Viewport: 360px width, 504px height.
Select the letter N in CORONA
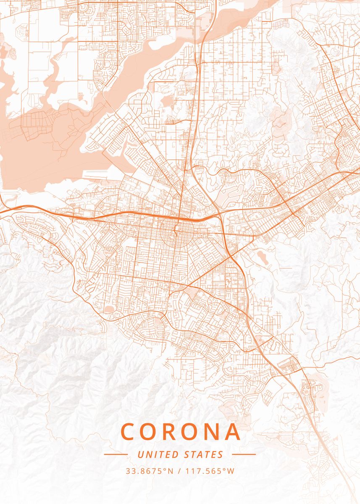pyautogui.click(x=212, y=432)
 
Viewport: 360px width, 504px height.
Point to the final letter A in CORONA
pyautogui.click(x=233, y=432)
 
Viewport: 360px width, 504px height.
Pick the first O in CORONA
pyautogui.click(x=150, y=432)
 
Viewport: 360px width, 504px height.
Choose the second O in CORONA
pyautogui.click(x=191, y=432)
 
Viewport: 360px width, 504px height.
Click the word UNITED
pyautogui.click(x=158, y=454)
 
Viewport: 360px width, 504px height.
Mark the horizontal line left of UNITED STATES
pyautogui.click(x=116, y=454)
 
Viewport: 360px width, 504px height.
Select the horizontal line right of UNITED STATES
pyautogui.click(x=244, y=454)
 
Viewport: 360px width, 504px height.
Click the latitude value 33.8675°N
pyautogui.click(x=149, y=471)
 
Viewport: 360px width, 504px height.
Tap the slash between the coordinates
pyautogui.click(x=180, y=471)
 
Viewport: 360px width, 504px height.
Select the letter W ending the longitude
pyautogui.click(x=231, y=471)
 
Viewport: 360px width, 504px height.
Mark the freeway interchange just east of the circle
pyautogui.click(x=219, y=215)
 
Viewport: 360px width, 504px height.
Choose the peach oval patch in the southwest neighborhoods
pyautogui.click(x=108, y=310)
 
